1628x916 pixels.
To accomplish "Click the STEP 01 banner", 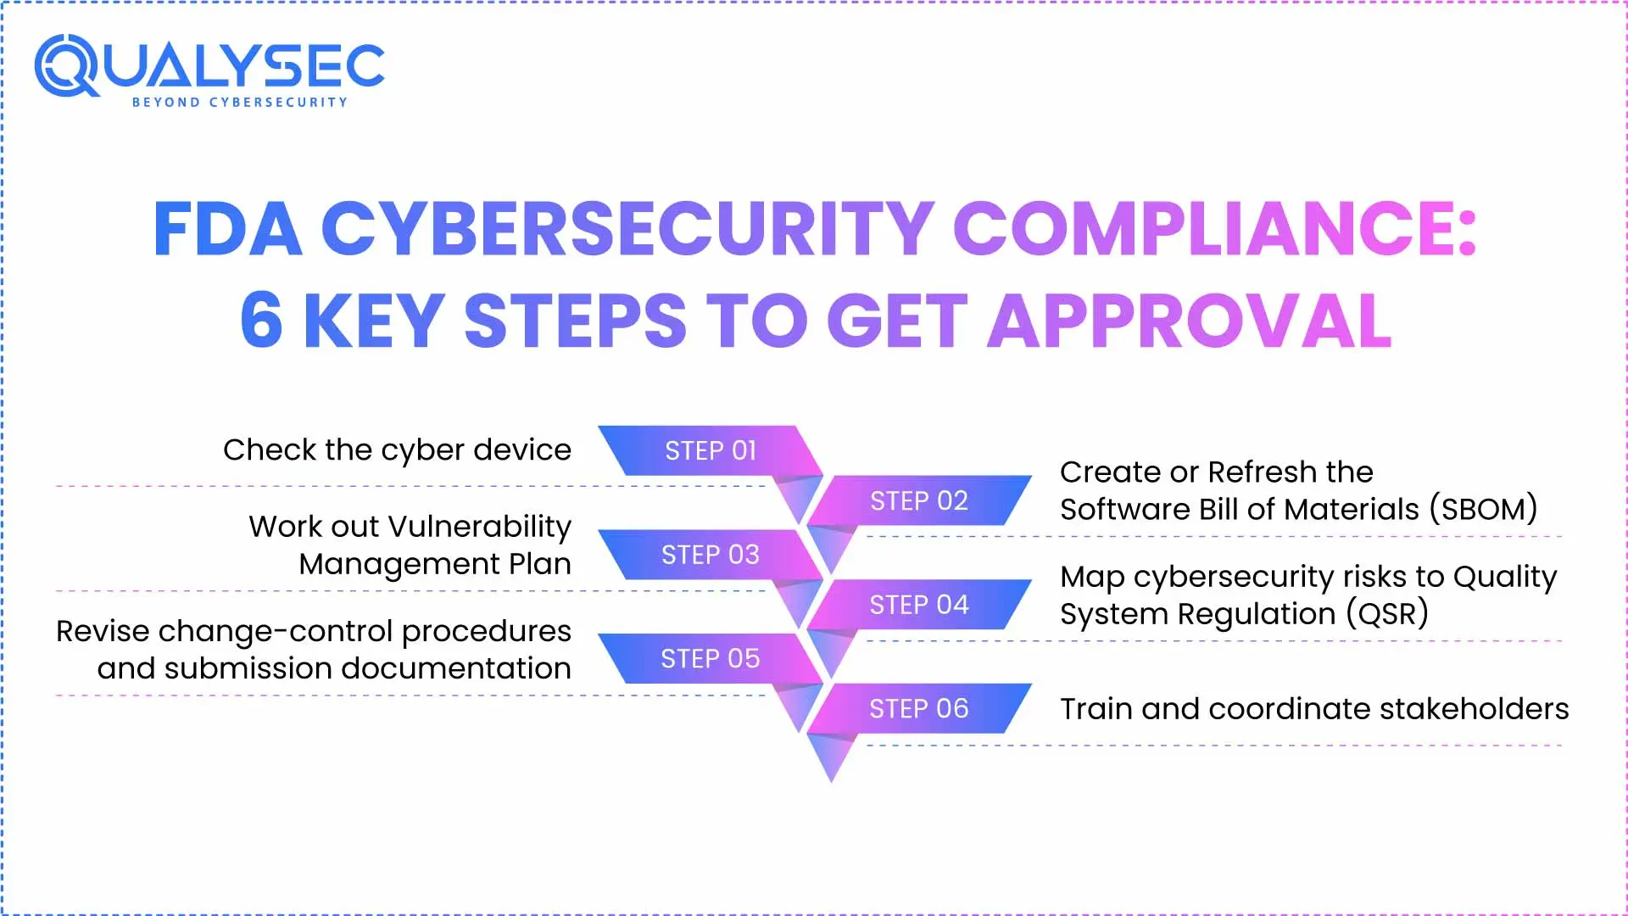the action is (711, 450).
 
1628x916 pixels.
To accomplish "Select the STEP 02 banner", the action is (919, 500).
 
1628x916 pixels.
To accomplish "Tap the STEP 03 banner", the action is (711, 555).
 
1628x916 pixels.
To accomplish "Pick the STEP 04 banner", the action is (919, 605).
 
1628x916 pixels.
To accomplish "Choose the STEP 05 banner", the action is (711, 659).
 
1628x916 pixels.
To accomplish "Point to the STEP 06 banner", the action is (919, 709).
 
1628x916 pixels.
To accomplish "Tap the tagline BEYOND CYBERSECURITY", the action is (240, 102).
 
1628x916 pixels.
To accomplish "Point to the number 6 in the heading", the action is (261, 320).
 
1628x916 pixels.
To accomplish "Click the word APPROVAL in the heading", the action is (1190, 320).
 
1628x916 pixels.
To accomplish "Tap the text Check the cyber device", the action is (397, 450).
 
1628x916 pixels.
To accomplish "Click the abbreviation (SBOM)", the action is (1483, 509).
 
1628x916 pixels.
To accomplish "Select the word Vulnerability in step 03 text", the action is (480, 527).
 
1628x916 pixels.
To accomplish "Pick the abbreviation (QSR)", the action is (1387, 613).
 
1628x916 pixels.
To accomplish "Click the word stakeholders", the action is (1475, 708).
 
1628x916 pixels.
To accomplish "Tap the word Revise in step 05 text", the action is (103, 631).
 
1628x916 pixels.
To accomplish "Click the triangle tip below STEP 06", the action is (832, 781).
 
